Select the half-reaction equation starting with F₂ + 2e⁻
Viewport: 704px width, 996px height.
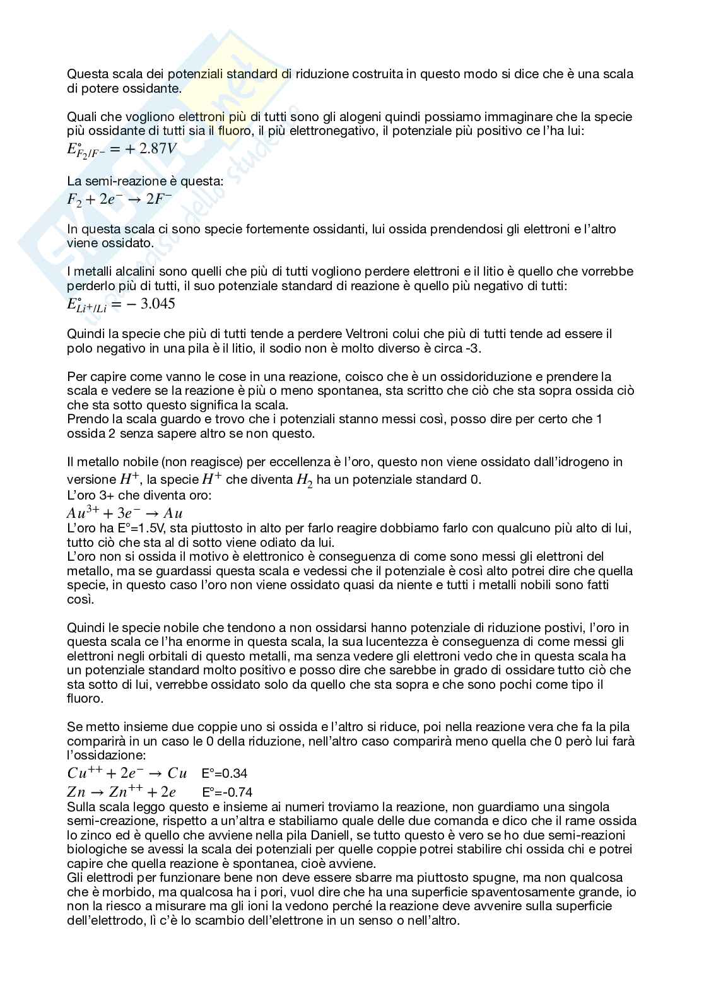point(119,199)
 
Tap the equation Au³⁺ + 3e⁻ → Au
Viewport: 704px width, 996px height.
point(124,513)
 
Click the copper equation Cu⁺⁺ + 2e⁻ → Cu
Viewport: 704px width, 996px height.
point(127,773)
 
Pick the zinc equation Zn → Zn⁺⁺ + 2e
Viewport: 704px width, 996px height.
point(121,792)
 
